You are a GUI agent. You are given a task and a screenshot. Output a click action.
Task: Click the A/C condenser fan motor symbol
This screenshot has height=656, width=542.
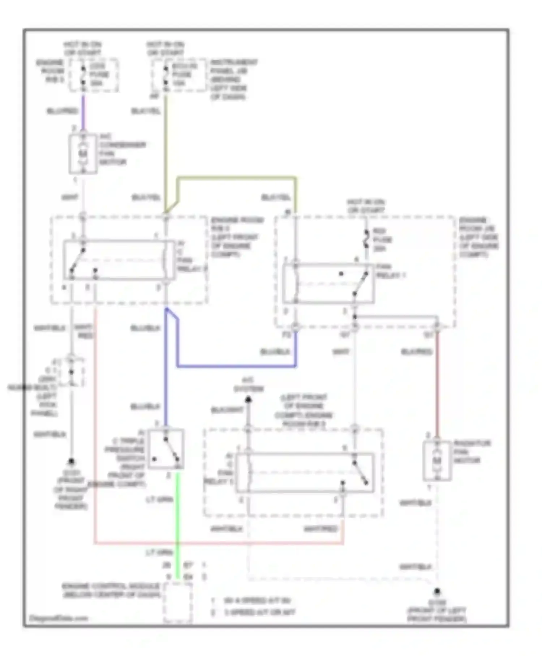click(83, 154)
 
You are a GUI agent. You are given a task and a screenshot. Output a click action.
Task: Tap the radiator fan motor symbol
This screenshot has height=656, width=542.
click(437, 461)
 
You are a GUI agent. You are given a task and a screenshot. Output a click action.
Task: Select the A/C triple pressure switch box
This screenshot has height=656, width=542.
click(166, 449)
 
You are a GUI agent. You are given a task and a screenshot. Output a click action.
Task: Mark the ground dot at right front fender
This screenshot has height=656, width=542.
click(72, 461)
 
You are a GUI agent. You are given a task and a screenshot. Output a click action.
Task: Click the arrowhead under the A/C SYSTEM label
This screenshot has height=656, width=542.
click(248, 400)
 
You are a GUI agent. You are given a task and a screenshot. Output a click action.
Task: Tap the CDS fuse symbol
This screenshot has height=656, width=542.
click(83, 75)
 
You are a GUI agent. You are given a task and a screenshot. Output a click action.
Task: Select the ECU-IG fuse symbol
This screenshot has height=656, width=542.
click(165, 75)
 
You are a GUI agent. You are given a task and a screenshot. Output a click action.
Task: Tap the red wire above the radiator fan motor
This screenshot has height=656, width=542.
click(437, 383)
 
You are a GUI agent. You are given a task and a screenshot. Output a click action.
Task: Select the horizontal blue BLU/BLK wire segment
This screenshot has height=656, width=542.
click(237, 366)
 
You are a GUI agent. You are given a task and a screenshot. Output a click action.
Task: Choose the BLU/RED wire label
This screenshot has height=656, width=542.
click(62, 111)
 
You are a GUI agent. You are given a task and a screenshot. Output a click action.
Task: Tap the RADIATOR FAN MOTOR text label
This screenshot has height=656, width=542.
click(472, 452)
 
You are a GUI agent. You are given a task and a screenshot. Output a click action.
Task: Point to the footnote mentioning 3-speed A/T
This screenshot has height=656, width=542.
click(259, 613)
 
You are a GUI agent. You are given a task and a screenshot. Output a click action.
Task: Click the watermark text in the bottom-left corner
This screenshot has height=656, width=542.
click(59, 618)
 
